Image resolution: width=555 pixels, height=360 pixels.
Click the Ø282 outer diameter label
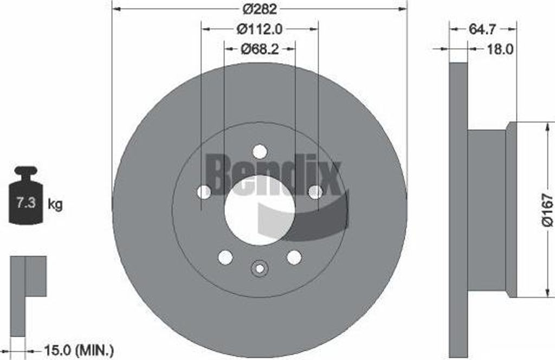[x=259, y=9]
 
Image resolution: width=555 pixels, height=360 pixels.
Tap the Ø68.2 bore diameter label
[x=259, y=49]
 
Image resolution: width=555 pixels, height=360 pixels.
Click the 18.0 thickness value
[x=499, y=49]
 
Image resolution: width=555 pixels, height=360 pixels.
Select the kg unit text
[x=55, y=204]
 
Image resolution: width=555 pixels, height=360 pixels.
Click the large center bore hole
[x=260, y=210]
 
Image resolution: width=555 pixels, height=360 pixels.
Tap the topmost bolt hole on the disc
[x=260, y=152]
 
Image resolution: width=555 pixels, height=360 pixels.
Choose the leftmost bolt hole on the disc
[x=204, y=192]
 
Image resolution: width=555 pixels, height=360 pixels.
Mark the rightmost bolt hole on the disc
[x=315, y=192]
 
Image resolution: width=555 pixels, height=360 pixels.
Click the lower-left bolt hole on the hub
[x=225, y=257]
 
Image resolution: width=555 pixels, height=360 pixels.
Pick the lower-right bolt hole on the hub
[x=294, y=257]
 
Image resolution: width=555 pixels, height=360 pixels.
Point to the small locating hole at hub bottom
[x=260, y=268]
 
